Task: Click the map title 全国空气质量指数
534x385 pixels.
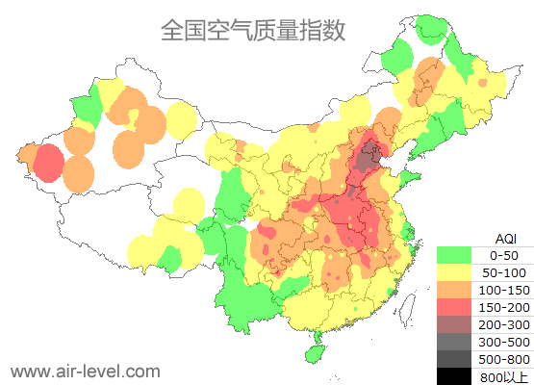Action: (x=253, y=30)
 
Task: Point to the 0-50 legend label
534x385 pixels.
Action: (x=504, y=256)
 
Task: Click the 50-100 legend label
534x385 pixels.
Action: (x=504, y=273)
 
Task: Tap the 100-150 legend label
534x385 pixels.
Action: (x=504, y=290)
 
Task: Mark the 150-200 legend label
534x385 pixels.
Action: (x=504, y=307)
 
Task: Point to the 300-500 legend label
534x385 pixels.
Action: (x=504, y=342)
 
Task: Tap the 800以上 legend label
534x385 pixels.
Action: (x=504, y=375)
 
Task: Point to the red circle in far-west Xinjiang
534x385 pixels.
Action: (x=47, y=164)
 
